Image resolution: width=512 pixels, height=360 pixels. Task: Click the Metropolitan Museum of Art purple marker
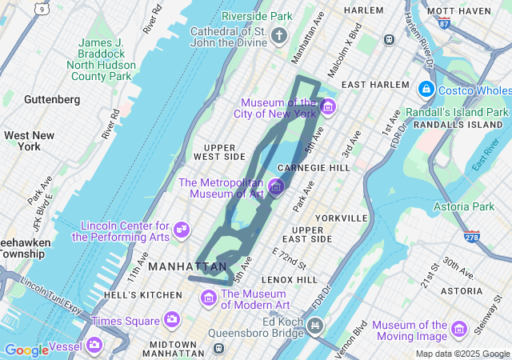(276, 187)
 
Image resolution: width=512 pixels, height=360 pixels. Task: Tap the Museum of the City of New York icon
(326, 106)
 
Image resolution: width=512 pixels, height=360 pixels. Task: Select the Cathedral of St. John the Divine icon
(278, 34)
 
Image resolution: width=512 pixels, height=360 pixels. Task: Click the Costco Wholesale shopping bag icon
(426, 88)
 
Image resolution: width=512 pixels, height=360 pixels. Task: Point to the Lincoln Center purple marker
(182, 230)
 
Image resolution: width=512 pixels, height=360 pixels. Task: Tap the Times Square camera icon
(171, 320)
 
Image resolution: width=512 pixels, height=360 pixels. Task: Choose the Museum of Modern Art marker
(209, 298)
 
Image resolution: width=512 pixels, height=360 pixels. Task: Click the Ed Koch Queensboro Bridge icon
(315, 325)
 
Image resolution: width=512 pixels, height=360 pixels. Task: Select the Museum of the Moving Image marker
(458, 329)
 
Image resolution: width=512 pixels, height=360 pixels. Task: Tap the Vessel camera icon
(94, 346)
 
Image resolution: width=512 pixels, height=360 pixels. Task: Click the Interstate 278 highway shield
(472, 237)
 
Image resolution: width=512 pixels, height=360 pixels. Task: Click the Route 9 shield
(40, 8)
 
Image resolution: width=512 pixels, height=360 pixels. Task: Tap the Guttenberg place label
(52, 100)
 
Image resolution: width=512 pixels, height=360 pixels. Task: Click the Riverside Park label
(257, 16)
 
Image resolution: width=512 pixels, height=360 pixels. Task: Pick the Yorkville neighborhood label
(341, 218)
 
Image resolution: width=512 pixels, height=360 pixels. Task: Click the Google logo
(26, 350)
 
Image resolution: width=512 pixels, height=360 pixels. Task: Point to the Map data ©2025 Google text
(462, 354)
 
